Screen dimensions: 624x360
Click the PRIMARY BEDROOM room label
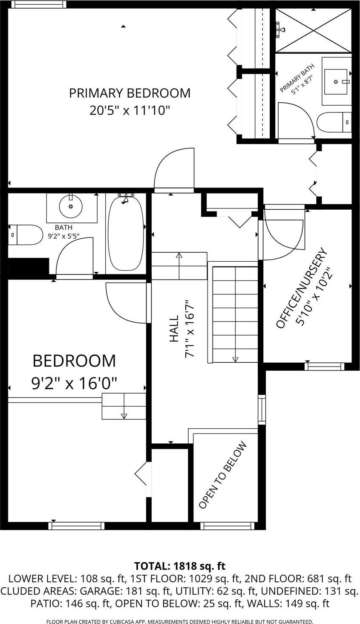(x=130, y=93)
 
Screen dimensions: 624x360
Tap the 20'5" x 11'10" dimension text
(x=130, y=111)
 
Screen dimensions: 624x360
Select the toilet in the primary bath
(x=334, y=122)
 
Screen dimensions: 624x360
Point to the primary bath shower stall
(x=313, y=30)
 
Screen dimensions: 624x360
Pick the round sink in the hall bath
(x=71, y=207)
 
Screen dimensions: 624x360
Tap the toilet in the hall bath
(x=26, y=235)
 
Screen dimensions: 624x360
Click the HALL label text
(x=174, y=329)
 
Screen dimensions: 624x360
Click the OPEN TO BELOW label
(x=222, y=475)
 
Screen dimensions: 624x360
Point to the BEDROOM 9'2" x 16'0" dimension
(x=74, y=383)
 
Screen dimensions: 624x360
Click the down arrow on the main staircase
(x=235, y=359)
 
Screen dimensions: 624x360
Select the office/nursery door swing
(x=283, y=233)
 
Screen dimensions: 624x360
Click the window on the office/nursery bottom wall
(x=324, y=366)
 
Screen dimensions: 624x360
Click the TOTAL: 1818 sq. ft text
(x=180, y=566)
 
